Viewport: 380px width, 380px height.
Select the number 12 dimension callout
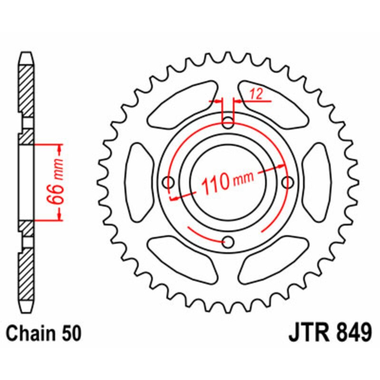(x=256, y=94)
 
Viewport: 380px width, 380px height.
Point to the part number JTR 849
(x=329, y=332)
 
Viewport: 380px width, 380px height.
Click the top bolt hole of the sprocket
(x=228, y=122)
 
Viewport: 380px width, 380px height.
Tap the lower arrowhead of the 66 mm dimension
(x=60, y=217)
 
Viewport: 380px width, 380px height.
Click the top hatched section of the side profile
(x=27, y=90)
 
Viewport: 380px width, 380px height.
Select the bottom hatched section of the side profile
(x=27, y=273)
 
